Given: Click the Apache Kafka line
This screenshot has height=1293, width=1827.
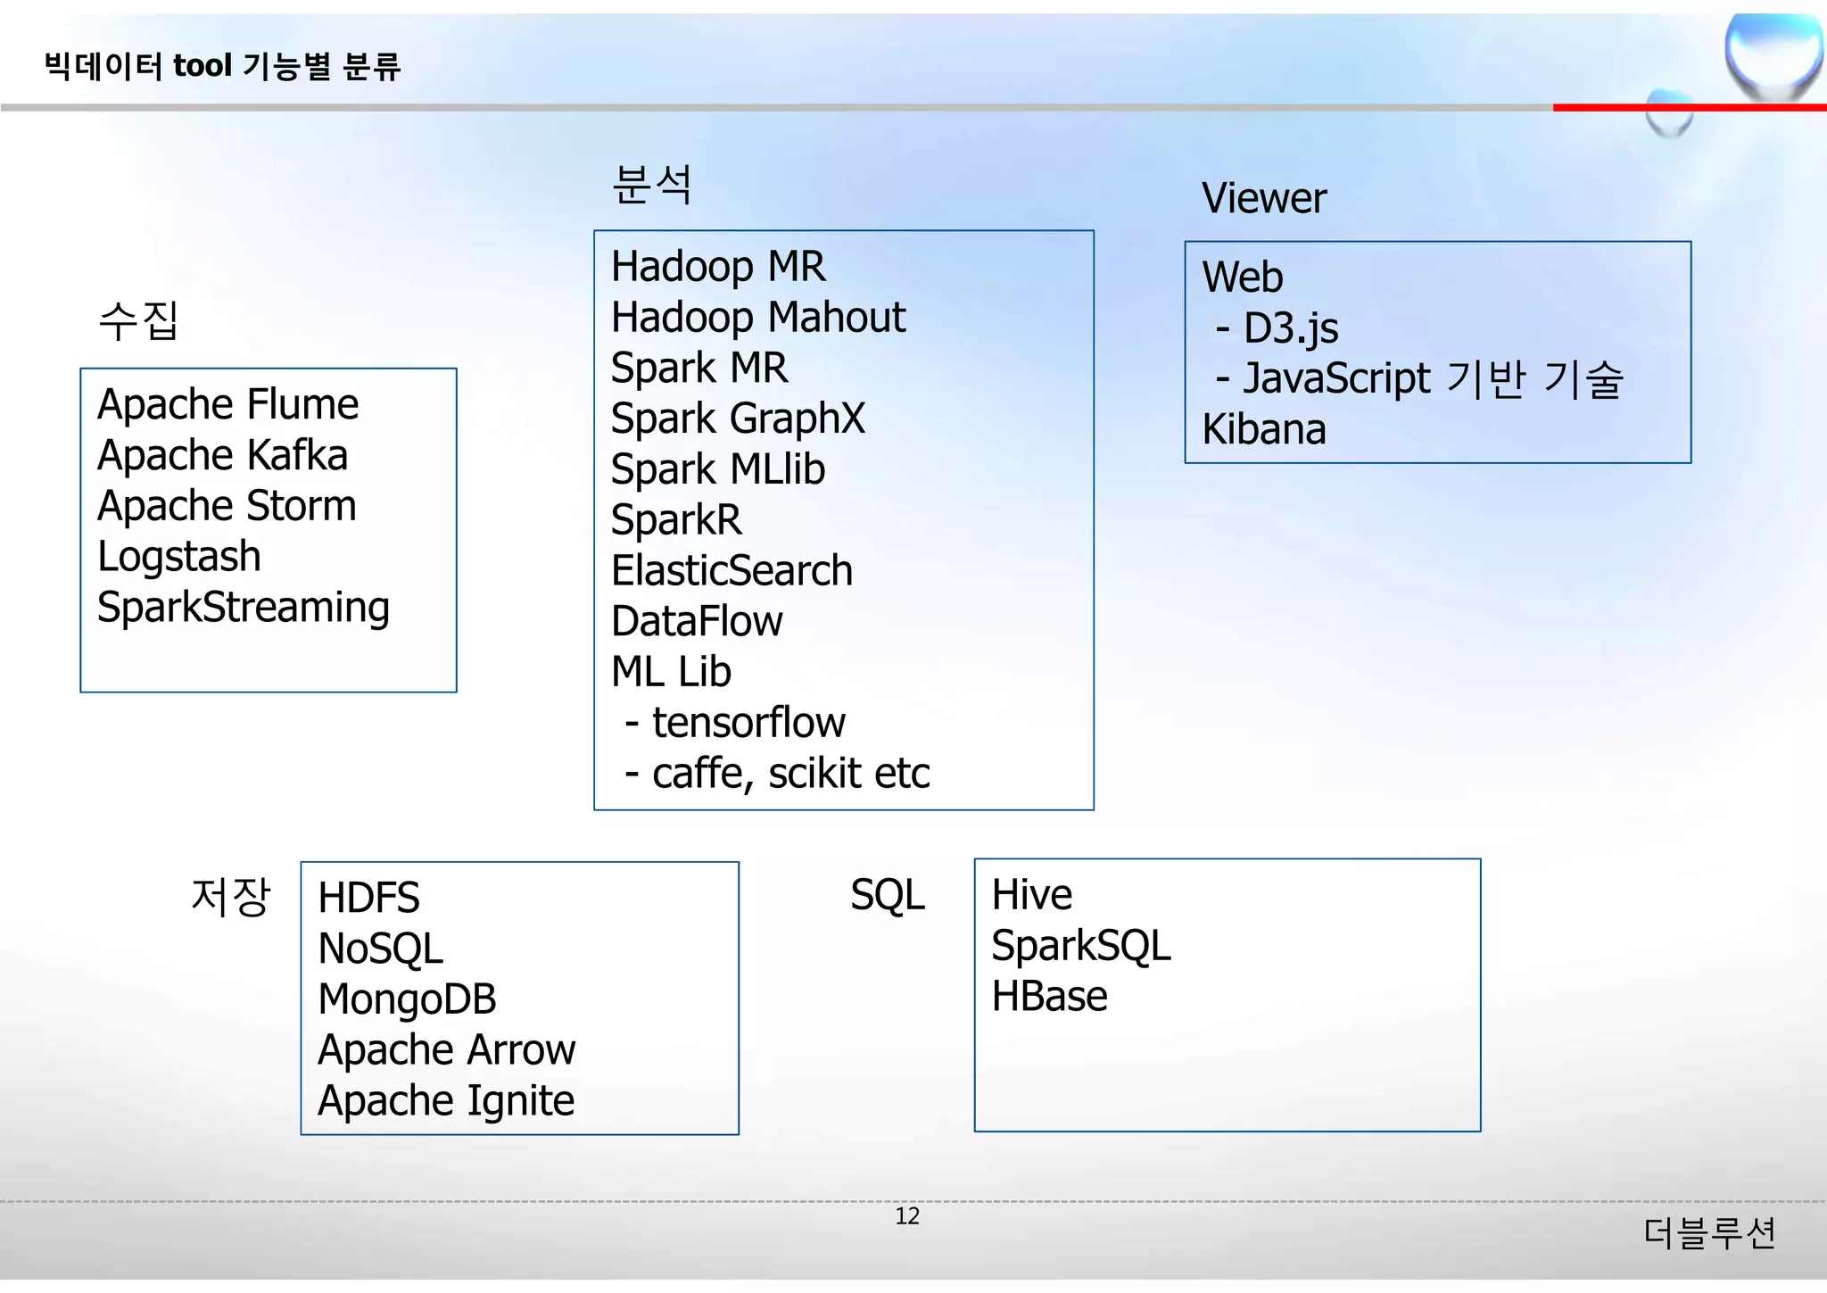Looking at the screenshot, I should click(x=222, y=456).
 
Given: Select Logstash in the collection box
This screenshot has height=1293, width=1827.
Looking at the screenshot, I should click(x=178, y=558).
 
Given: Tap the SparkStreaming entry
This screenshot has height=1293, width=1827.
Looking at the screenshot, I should click(x=243, y=609).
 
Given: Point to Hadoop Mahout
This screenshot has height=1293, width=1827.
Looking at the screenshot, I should click(x=757, y=319).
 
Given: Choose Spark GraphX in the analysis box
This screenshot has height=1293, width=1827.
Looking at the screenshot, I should click(x=737, y=419).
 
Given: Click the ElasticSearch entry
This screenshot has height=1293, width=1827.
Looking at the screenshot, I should click(x=732, y=572).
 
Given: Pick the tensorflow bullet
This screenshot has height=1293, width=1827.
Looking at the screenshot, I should click(x=748, y=724).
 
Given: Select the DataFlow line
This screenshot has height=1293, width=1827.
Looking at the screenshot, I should click(x=696, y=622).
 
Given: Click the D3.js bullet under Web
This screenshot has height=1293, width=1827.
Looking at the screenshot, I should click(x=1290, y=329).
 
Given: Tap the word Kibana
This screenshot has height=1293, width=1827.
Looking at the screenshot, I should click(x=1263, y=430).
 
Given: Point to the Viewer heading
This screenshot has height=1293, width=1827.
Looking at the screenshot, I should click(x=1263, y=198).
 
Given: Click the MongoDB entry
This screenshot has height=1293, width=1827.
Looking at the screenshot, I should click(x=407, y=999).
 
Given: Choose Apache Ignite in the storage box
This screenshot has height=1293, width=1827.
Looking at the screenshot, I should click(x=446, y=1101).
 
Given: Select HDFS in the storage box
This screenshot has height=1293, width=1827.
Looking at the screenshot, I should click(x=368, y=899).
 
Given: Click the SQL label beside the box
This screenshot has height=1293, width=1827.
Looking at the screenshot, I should click(x=887, y=895).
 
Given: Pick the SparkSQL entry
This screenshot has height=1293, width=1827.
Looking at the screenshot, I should click(x=1080, y=947).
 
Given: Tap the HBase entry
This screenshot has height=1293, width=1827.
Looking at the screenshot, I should click(x=1049, y=997).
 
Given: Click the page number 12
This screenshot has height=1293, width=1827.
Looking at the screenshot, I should click(x=906, y=1216).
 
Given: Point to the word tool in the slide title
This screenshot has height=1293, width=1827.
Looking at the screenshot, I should click(x=203, y=66).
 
